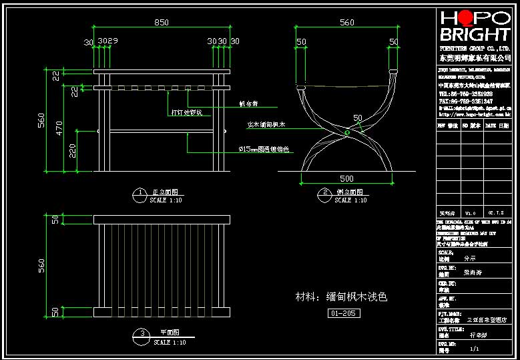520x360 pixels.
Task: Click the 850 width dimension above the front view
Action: pyautogui.click(x=161, y=22)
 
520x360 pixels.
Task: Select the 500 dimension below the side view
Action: pyautogui.click(x=346, y=178)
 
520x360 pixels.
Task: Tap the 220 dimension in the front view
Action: pyautogui.click(x=71, y=151)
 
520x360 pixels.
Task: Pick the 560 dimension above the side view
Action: pyautogui.click(x=346, y=22)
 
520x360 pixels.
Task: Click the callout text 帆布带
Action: pyautogui.click(x=248, y=104)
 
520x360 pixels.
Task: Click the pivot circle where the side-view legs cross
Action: pyautogui.click(x=347, y=133)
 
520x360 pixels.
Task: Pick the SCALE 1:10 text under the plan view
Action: pyautogui.click(x=170, y=342)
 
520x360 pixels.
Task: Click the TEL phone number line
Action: pyautogui.click(x=465, y=94)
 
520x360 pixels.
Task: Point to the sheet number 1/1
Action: pyautogui.click(x=475, y=349)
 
